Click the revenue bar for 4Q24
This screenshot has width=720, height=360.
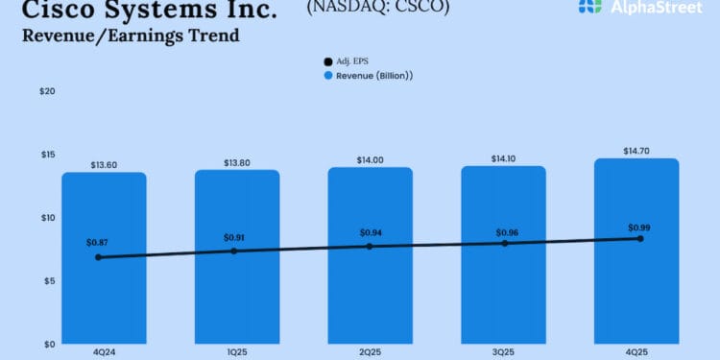pos(104,288)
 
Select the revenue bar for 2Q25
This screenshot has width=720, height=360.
pos(370,288)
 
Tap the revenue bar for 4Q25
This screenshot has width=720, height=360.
pos(636,288)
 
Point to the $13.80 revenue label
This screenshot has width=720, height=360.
pos(237,162)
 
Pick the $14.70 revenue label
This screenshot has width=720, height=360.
pos(636,151)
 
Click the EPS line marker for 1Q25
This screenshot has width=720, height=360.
pos(234,251)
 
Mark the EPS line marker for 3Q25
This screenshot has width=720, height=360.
pos(505,243)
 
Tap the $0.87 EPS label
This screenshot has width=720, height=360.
pos(97,244)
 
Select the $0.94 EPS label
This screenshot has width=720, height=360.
pos(372,233)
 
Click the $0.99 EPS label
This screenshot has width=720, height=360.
pos(639,228)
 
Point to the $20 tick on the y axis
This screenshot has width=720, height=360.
pos(47,91)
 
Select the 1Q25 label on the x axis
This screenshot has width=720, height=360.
pos(237,352)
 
